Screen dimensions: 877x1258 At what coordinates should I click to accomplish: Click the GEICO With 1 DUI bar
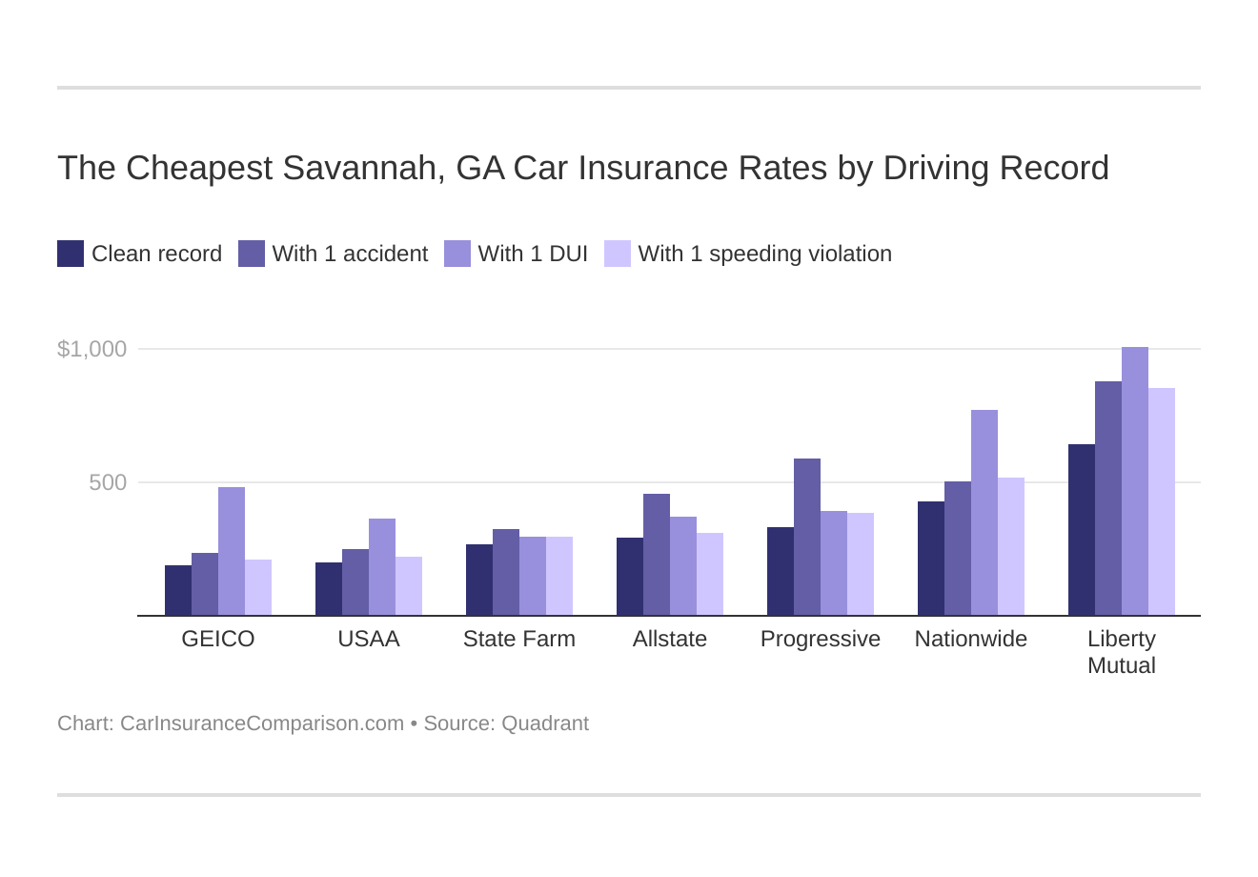pos(232,551)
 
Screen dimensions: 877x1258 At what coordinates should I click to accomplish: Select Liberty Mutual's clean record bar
pos(1082,530)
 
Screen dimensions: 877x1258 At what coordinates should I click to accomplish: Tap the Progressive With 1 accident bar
pos(807,537)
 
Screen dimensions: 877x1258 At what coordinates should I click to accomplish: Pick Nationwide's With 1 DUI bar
pos(984,513)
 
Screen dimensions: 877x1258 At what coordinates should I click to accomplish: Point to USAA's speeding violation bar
pos(409,586)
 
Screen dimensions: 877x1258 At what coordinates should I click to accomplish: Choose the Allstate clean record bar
pos(630,577)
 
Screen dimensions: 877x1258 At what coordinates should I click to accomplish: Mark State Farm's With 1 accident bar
pos(506,572)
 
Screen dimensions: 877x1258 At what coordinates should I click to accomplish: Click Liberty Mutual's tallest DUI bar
pos(1135,481)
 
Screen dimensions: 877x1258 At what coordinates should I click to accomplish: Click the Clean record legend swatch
pos(71,254)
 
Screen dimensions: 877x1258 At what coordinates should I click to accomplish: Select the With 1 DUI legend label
pos(533,254)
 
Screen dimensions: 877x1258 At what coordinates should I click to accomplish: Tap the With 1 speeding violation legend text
pos(764,254)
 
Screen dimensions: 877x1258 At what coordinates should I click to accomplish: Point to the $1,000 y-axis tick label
pos(92,349)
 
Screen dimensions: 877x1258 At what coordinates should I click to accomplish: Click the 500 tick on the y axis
pos(108,482)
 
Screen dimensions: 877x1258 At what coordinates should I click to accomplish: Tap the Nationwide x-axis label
pos(971,639)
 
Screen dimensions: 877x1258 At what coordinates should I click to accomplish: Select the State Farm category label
pos(519,639)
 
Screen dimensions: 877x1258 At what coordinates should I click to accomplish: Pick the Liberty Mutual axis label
pos(1122,652)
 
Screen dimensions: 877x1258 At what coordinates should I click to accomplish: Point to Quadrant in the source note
pos(544,724)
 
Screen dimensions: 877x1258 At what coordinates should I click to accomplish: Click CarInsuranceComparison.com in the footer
pos(262,724)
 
